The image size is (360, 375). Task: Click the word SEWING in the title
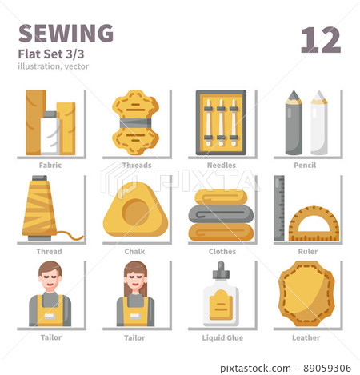tap(65, 33)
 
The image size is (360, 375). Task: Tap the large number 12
tap(321, 39)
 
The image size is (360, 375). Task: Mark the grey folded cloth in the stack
tap(220, 213)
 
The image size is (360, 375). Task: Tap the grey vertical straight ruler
tap(279, 208)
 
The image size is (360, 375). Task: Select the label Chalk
tap(134, 251)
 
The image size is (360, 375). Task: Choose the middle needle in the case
tap(221, 121)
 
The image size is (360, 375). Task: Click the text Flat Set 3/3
tap(48, 54)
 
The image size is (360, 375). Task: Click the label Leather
tap(306, 337)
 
